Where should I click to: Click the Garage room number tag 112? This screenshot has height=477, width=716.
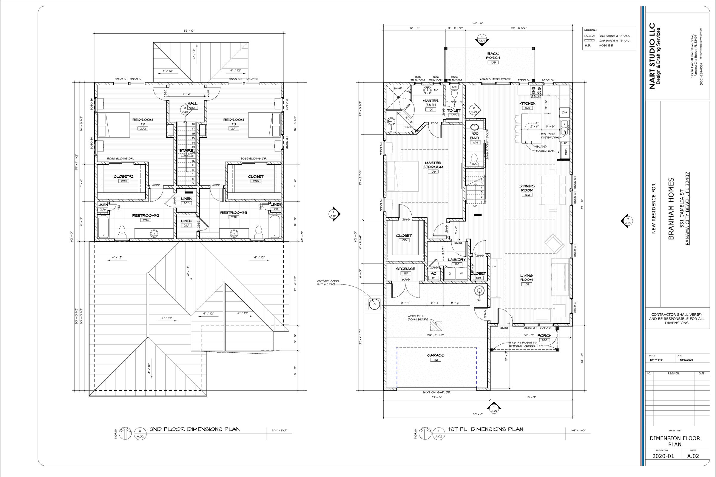tap(435, 360)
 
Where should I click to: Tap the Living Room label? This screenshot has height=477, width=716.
tap(526, 278)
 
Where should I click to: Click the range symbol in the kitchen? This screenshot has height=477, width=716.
tap(536, 90)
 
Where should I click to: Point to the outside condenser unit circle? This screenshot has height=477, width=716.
tap(373, 303)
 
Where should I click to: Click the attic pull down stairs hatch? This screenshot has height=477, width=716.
tap(436, 326)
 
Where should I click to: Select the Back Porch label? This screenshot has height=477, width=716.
tap(493, 56)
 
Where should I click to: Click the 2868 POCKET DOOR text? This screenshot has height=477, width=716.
tap(488, 144)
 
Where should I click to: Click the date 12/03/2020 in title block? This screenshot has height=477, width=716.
tap(686, 360)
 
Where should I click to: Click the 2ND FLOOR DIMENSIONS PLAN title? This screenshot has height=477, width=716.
tap(195, 429)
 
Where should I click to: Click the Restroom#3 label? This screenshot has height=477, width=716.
tap(234, 213)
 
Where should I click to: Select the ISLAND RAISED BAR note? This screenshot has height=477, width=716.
tap(545, 148)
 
